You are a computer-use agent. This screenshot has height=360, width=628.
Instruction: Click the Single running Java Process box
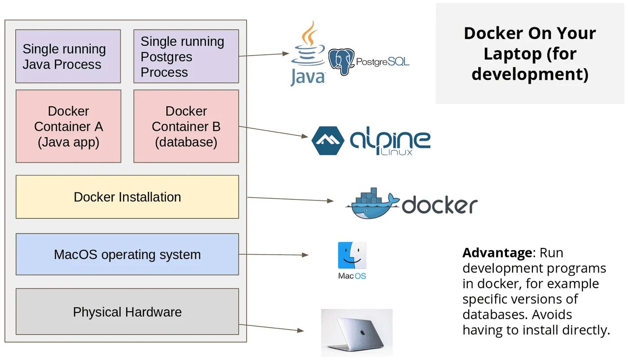tap(68, 56)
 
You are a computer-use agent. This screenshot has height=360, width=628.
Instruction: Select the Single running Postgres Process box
tap(186, 56)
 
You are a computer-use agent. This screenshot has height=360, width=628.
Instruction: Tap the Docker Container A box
tap(68, 126)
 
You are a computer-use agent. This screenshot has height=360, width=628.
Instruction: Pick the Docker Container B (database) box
tap(186, 126)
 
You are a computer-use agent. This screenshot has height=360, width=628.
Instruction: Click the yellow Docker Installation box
tap(127, 197)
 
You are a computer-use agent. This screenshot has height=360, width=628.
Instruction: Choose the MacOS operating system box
tap(127, 254)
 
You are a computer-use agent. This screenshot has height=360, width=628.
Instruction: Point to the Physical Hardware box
tap(127, 312)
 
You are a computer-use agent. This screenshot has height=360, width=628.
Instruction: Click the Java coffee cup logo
tap(308, 53)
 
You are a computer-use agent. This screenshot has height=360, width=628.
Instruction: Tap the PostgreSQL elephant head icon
tap(341, 61)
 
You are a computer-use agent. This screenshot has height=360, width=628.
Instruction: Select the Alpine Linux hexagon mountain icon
tap(328, 141)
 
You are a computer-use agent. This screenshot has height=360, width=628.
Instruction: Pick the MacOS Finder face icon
tap(352, 255)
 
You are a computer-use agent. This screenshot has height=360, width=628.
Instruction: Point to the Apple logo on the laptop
tap(362, 333)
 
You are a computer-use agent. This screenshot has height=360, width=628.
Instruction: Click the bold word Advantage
tap(497, 253)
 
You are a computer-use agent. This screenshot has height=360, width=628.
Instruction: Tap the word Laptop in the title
tap(512, 54)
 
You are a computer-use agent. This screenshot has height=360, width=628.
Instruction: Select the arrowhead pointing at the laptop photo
tap(301, 330)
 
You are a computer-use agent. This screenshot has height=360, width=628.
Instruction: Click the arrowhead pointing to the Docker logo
tap(330, 200)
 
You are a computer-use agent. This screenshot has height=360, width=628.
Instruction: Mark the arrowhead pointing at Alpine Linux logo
tap(305, 136)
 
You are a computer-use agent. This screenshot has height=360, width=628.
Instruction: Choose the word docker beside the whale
tap(440, 205)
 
